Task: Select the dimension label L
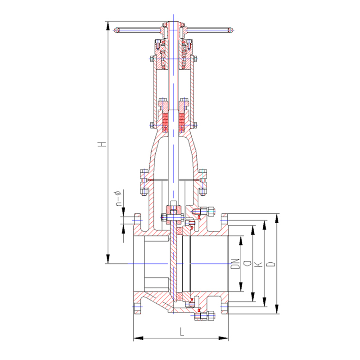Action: click(x=182, y=332)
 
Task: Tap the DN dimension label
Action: click(x=235, y=264)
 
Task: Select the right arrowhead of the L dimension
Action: click(x=223, y=338)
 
